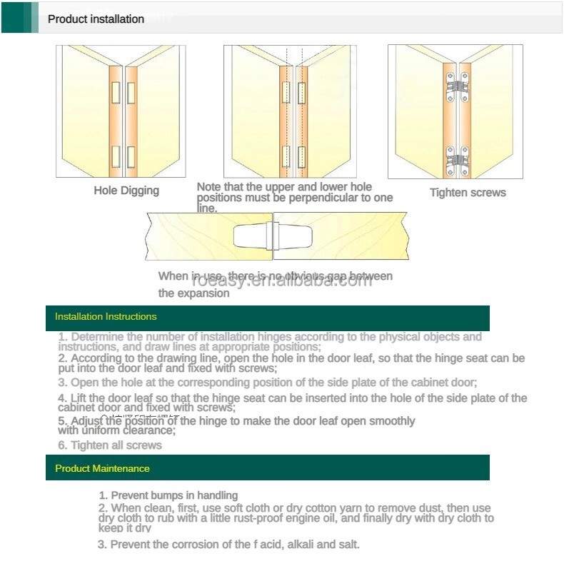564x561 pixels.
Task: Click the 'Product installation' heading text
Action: click(x=96, y=19)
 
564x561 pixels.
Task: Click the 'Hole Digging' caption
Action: click(x=126, y=191)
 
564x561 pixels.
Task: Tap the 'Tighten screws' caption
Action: click(x=468, y=193)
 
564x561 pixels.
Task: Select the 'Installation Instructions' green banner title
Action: click(x=106, y=316)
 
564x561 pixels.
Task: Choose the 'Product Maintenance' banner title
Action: click(x=102, y=469)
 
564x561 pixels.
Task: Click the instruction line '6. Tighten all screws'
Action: click(x=111, y=445)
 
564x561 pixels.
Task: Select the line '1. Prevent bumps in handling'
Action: click(x=168, y=495)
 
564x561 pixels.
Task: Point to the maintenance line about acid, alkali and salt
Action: click(x=229, y=545)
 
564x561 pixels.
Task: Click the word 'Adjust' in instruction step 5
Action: click(x=87, y=421)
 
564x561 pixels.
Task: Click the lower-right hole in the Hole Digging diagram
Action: click(x=131, y=155)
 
